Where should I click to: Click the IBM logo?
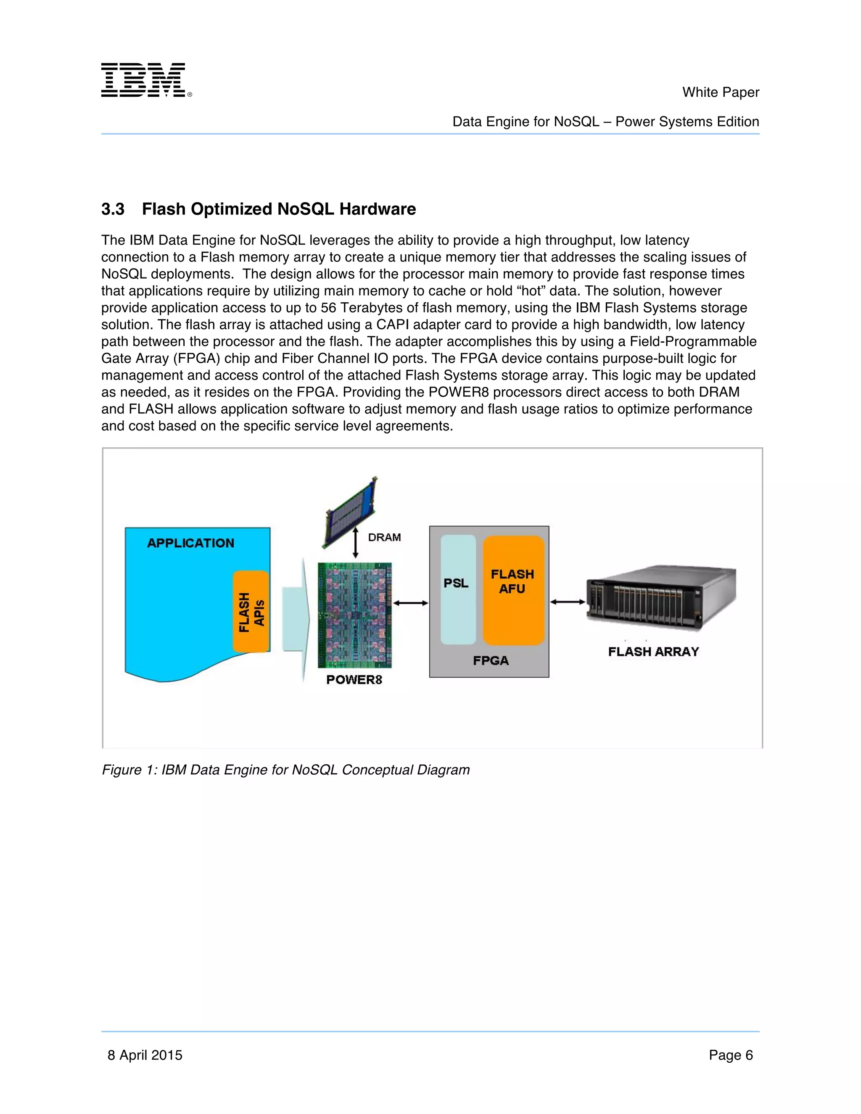click(145, 80)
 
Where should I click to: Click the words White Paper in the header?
click(720, 92)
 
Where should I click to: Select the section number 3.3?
click(113, 209)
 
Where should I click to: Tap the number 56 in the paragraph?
click(328, 308)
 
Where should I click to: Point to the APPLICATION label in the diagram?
click(190, 543)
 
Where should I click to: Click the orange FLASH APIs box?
click(251, 612)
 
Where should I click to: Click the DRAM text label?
click(384, 537)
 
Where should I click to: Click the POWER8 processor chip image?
click(354, 615)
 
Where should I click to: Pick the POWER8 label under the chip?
click(354, 679)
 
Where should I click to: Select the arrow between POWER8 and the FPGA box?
click(411, 603)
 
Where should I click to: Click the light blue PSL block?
click(457, 589)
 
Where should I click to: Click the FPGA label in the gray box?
click(490, 660)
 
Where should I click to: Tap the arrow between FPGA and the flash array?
click(567, 602)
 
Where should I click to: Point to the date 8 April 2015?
click(145, 1055)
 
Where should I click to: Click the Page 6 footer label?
click(730, 1055)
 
